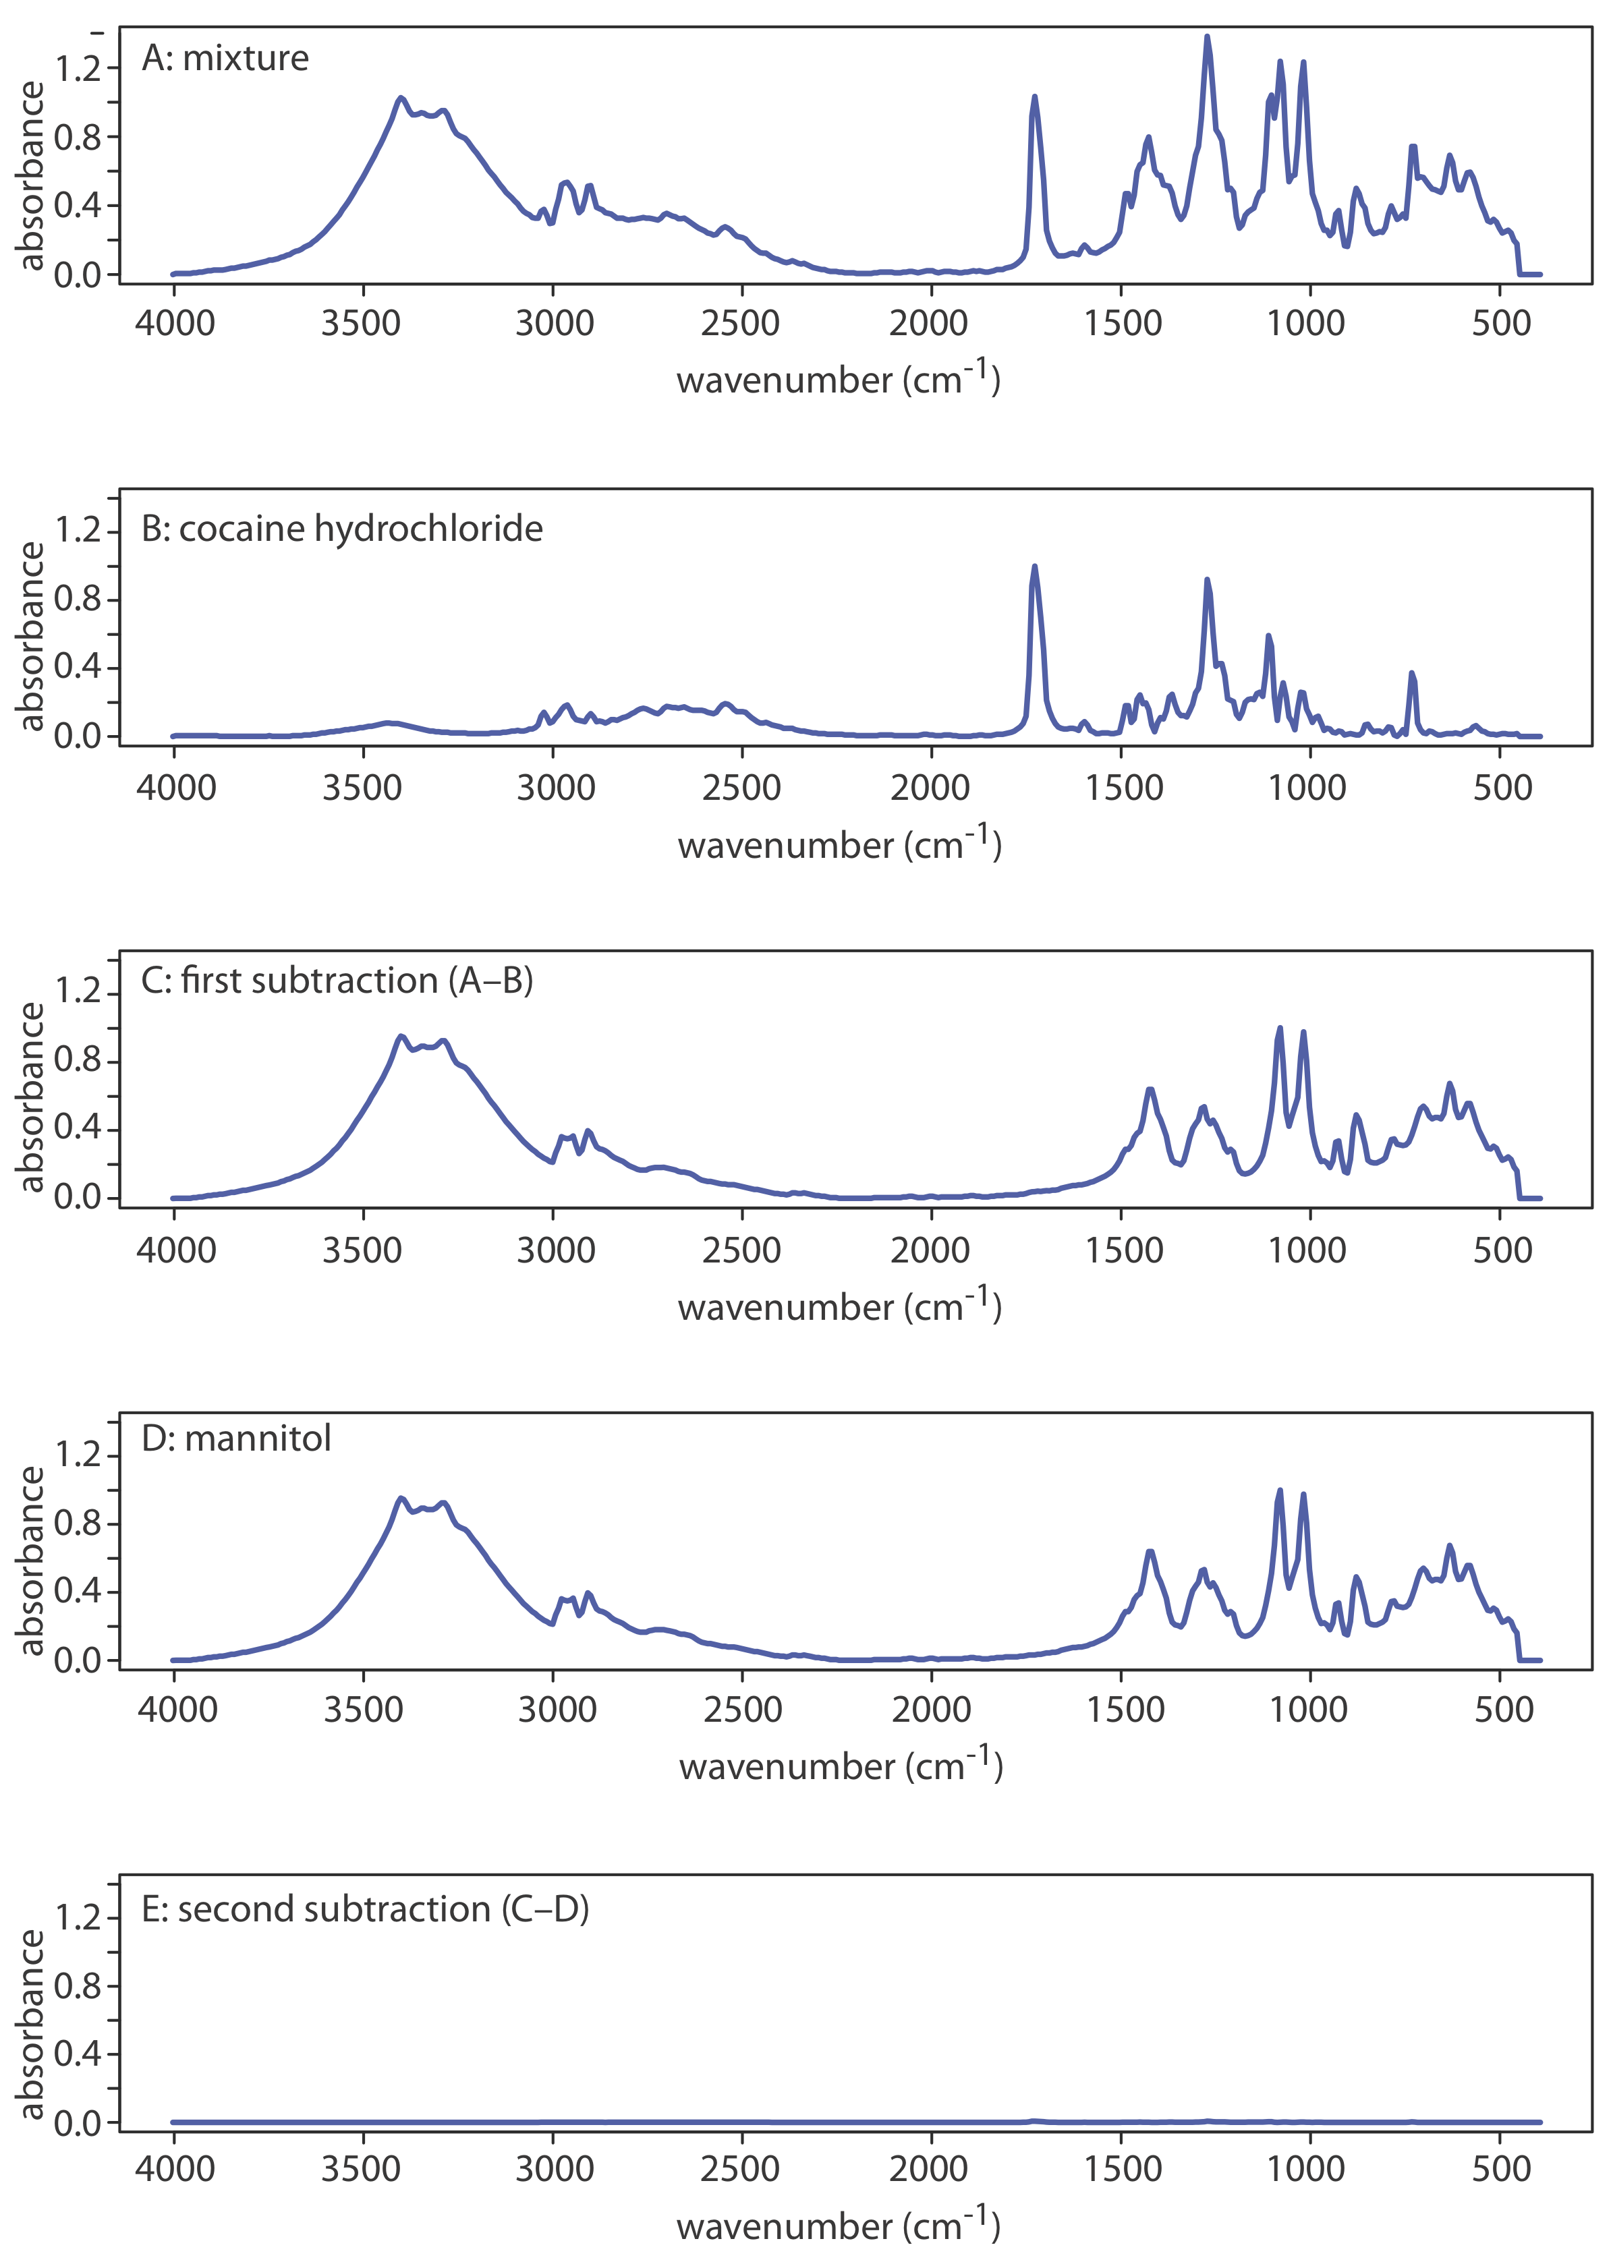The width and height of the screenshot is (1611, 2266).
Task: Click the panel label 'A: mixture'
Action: (x=225, y=59)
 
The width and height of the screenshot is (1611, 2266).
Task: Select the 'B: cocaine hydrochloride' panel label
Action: (x=342, y=529)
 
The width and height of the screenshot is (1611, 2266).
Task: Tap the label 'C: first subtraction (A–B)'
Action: (x=337, y=981)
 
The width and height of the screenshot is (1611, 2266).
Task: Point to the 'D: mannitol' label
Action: (x=236, y=1438)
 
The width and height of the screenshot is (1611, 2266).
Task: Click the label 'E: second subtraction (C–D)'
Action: (x=365, y=1909)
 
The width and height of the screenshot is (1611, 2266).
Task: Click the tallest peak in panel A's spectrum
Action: (x=1206, y=38)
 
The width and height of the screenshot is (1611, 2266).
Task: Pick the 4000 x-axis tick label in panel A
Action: (x=175, y=323)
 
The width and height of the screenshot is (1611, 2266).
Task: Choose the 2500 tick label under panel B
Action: (x=741, y=788)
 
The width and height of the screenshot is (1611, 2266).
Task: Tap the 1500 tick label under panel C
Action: (x=1123, y=1250)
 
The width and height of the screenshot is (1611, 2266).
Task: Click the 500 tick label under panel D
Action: (x=1503, y=1710)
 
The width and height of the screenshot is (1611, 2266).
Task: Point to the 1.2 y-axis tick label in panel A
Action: (x=78, y=69)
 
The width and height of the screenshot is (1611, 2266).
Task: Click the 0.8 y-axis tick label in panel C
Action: (x=78, y=1060)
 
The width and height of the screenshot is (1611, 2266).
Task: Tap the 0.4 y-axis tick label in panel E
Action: (x=78, y=2054)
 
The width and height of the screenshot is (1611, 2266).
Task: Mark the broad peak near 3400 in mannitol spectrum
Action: (x=401, y=1499)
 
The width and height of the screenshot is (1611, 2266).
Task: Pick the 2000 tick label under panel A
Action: (x=928, y=323)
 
